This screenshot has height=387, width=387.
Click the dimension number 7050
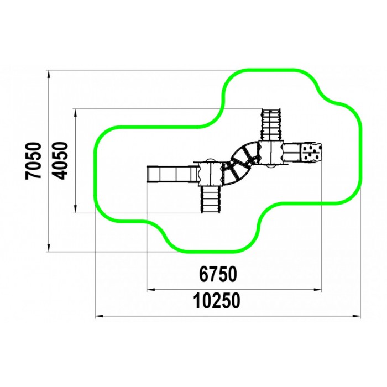[33, 161]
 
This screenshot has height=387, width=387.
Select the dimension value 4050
[60, 161]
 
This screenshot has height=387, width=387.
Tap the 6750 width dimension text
[218, 274]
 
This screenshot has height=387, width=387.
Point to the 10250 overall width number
[217, 301]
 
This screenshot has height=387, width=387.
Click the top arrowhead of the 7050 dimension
[49, 74]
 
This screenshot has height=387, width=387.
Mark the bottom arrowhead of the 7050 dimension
[49, 248]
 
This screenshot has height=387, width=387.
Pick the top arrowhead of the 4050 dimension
[76, 113]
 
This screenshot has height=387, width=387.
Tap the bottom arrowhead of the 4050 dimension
[76, 209]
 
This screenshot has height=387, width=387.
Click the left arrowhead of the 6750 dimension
[151, 290]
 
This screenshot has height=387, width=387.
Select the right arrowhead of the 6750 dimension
[318, 290]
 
